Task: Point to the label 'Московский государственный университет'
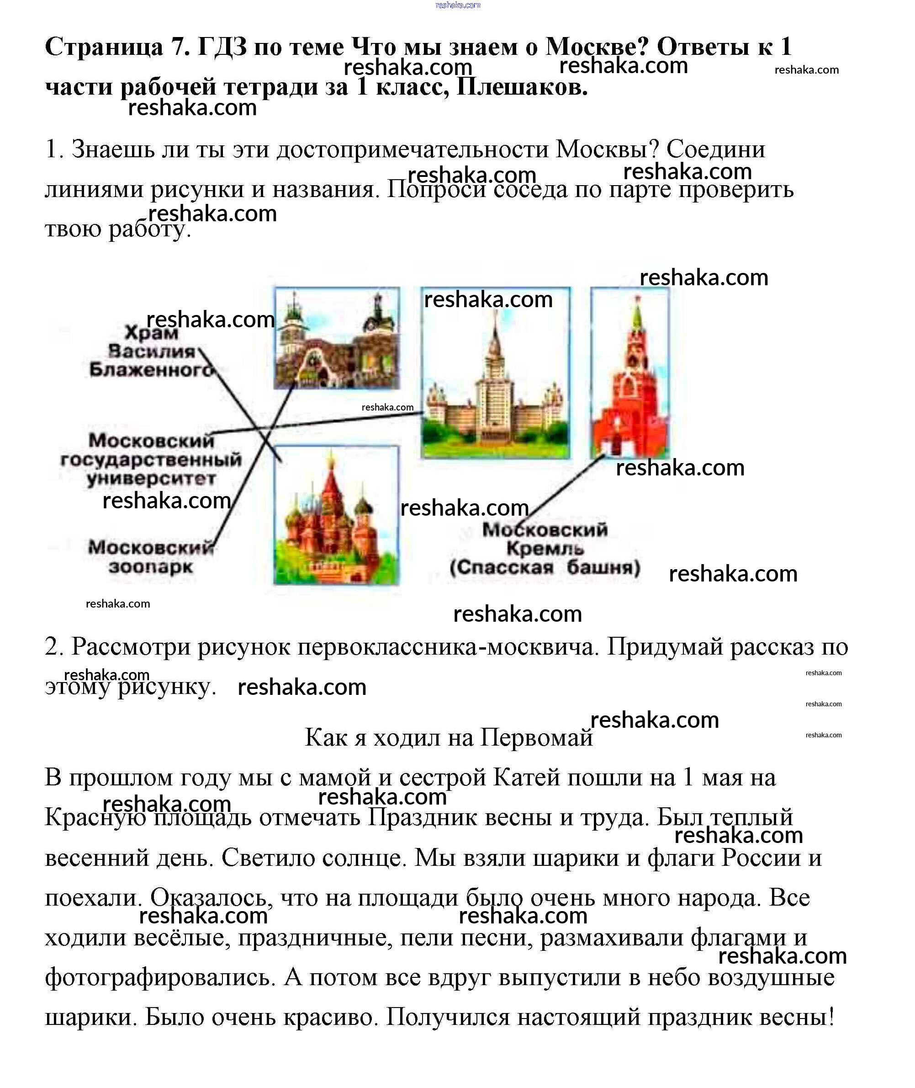click(x=151, y=460)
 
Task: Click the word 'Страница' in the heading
click(x=104, y=47)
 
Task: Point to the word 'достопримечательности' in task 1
click(x=413, y=149)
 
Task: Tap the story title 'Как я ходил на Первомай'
click(x=448, y=737)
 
